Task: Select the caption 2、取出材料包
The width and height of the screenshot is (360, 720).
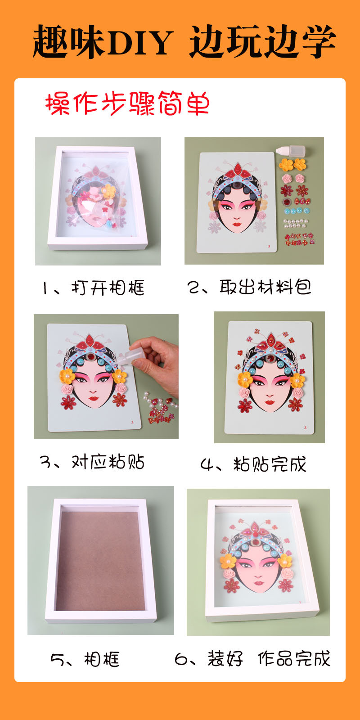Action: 249,287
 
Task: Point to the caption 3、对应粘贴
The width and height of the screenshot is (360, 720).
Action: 92,462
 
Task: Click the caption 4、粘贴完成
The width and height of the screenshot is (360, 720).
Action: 253,464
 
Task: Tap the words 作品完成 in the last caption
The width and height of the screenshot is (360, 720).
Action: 294,658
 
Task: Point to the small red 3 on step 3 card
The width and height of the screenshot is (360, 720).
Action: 132,422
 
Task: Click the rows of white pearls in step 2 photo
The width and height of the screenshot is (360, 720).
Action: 296,223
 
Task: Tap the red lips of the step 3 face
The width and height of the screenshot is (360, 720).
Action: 94,398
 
